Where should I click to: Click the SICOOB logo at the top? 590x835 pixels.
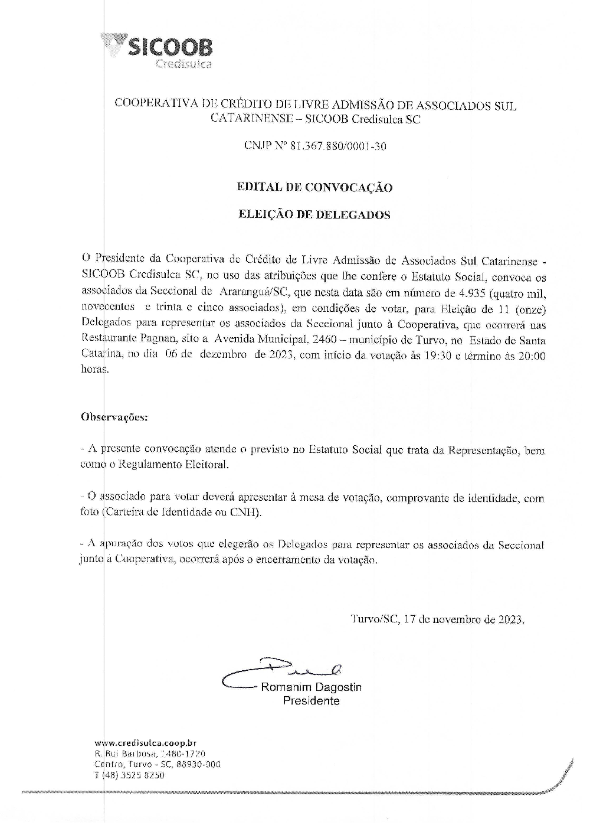158,51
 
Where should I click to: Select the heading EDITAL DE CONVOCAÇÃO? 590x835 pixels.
314,188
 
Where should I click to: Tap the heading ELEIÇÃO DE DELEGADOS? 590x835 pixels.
314,215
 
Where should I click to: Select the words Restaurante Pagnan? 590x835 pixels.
115,340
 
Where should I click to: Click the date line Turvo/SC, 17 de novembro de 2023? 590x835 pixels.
437,620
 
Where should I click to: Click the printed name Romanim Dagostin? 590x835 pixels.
312,687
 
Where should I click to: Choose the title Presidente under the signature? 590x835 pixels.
311,701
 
